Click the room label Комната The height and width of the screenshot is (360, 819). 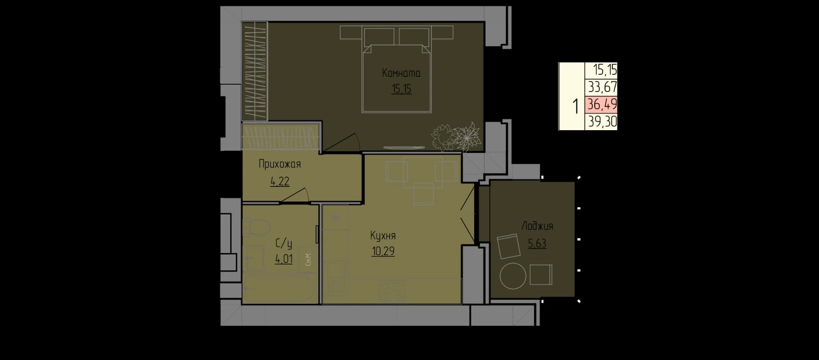[401, 73]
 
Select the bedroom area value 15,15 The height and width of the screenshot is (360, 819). [401, 89]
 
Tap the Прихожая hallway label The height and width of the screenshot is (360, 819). [279, 164]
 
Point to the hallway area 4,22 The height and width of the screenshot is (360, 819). [279, 181]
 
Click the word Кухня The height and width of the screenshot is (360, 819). [383, 236]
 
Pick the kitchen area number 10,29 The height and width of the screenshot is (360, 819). [383, 251]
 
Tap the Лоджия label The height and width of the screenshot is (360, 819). [537, 226]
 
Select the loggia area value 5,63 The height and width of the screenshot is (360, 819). [537, 244]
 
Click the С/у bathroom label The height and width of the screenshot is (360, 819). [284, 244]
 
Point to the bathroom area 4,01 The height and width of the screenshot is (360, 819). [284, 259]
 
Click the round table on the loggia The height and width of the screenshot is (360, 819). [513, 276]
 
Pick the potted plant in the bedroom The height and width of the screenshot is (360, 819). [456, 137]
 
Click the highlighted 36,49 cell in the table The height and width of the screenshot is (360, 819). [602, 104]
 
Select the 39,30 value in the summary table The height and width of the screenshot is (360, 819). [602, 122]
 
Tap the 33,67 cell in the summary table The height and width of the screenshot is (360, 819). [602, 88]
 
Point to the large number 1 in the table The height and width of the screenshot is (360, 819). [575, 106]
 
